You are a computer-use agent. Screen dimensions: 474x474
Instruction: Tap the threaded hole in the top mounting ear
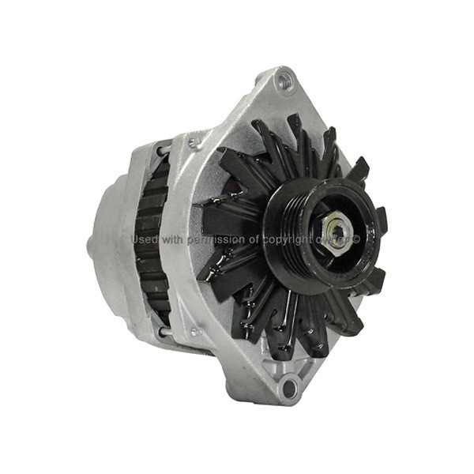click(x=284, y=81)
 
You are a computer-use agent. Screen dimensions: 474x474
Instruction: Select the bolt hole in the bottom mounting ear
click(x=289, y=386)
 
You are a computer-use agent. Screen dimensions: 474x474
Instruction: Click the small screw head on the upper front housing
click(x=194, y=143)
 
